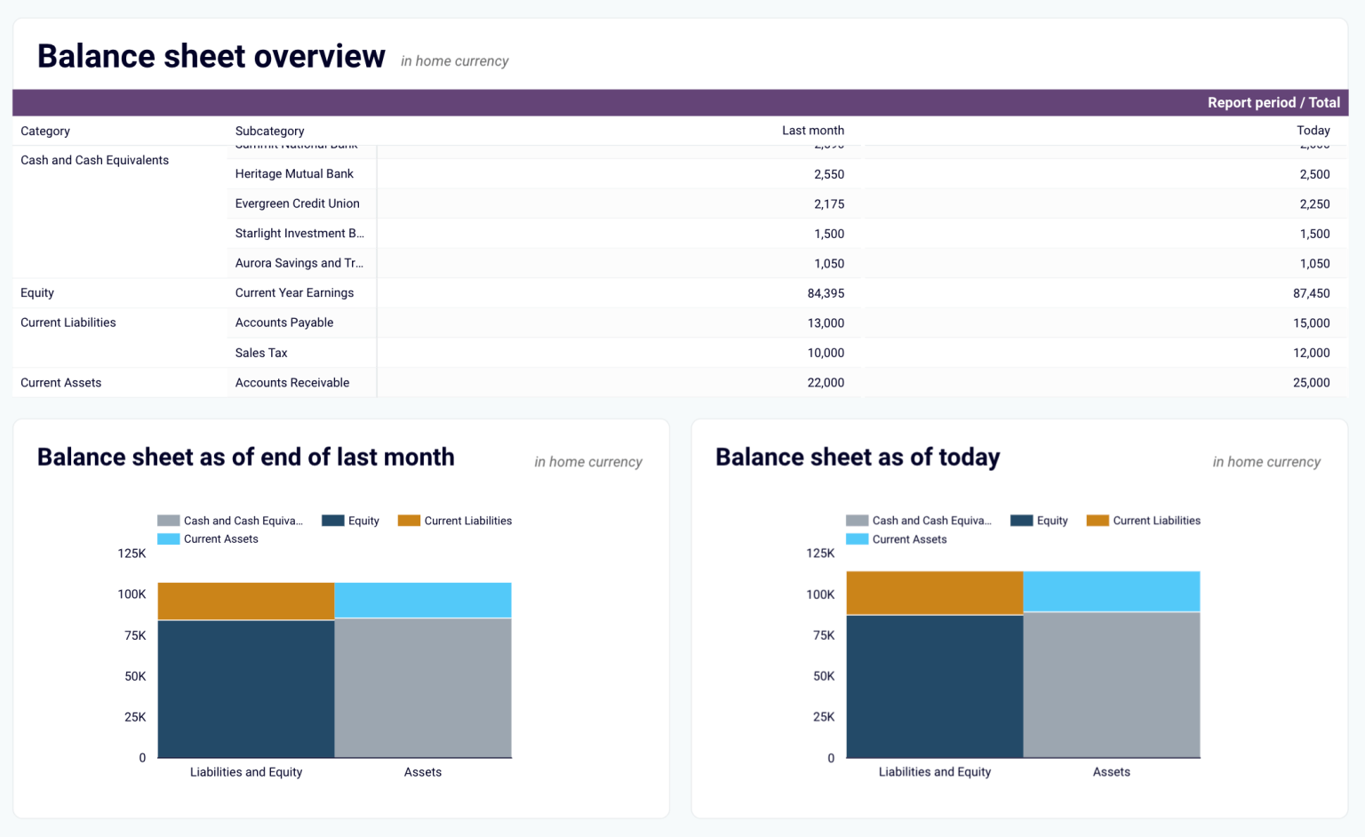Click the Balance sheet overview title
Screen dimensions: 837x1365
pyautogui.click(x=212, y=56)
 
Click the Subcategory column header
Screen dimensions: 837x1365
pyautogui.click(x=269, y=131)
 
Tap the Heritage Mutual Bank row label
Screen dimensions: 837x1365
pyautogui.click(x=294, y=174)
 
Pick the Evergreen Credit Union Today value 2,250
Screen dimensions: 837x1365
pyautogui.click(x=1313, y=204)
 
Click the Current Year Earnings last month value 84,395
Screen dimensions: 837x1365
pyautogui.click(x=826, y=293)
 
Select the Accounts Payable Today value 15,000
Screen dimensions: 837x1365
pyautogui.click(x=1311, y=323)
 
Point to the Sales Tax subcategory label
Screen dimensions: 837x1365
pyautogui.click(x=261, y=353)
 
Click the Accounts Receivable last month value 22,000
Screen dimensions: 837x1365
pyautogui.click(x=826, y=383)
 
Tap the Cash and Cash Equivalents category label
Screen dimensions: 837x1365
pyautogui.click(x=94, y=160)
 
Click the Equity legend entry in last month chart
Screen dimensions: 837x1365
pyautogui.click(x=352, y=521)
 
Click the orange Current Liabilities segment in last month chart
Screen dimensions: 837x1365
pyautogui.click(x=246, y=602)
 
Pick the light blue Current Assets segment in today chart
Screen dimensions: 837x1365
pyautogui.click(x=1111, y=592)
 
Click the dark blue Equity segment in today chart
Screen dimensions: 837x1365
pyautogui.click(x=934, y=686)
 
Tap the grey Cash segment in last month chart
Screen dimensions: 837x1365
pyautogui.click(x=423, y=688)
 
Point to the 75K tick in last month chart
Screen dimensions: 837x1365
pyautogui.click(x=135, y=635)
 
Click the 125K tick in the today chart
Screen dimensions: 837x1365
pyautogui.click(x=820, y=554)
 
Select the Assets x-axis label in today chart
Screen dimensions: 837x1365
pyautogui.click(x=1111, y=772)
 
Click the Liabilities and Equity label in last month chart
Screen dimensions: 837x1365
pyautogui.click(x=246, y=772)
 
